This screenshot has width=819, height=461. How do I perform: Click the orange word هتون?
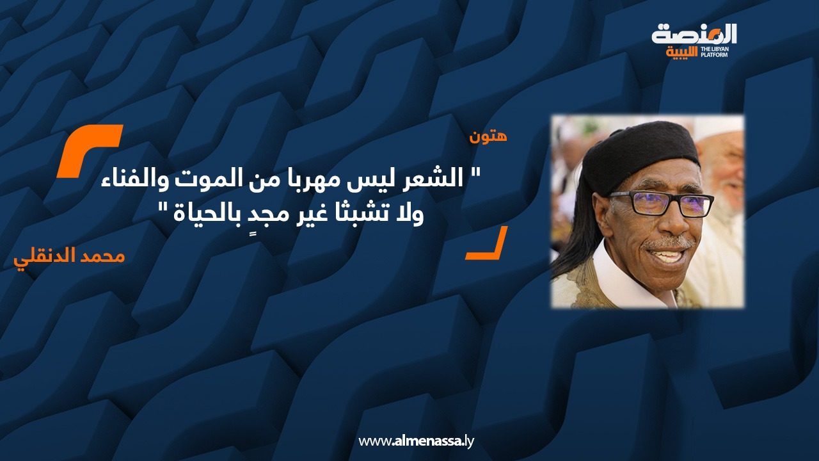tap(488, 137)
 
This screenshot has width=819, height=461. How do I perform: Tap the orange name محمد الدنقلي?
tap(70, 257)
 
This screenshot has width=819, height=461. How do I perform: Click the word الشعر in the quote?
tap(434, 180)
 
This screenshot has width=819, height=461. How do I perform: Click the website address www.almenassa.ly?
tap(416, 441)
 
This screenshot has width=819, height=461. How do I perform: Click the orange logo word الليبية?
tap(682, 53)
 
